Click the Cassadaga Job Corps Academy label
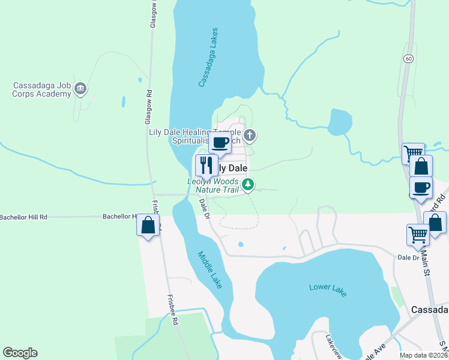point(41,90)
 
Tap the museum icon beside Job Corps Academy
point(82,90)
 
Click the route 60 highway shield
point(408,58)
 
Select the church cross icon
point(250,136)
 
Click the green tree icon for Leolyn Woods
point(247,185)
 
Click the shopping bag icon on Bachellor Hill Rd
point(148,226)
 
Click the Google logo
point(20,353)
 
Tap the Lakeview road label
point(334,347)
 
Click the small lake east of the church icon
point(340,122)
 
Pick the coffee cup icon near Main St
point(421,187)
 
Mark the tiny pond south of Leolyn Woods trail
point(240,244)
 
